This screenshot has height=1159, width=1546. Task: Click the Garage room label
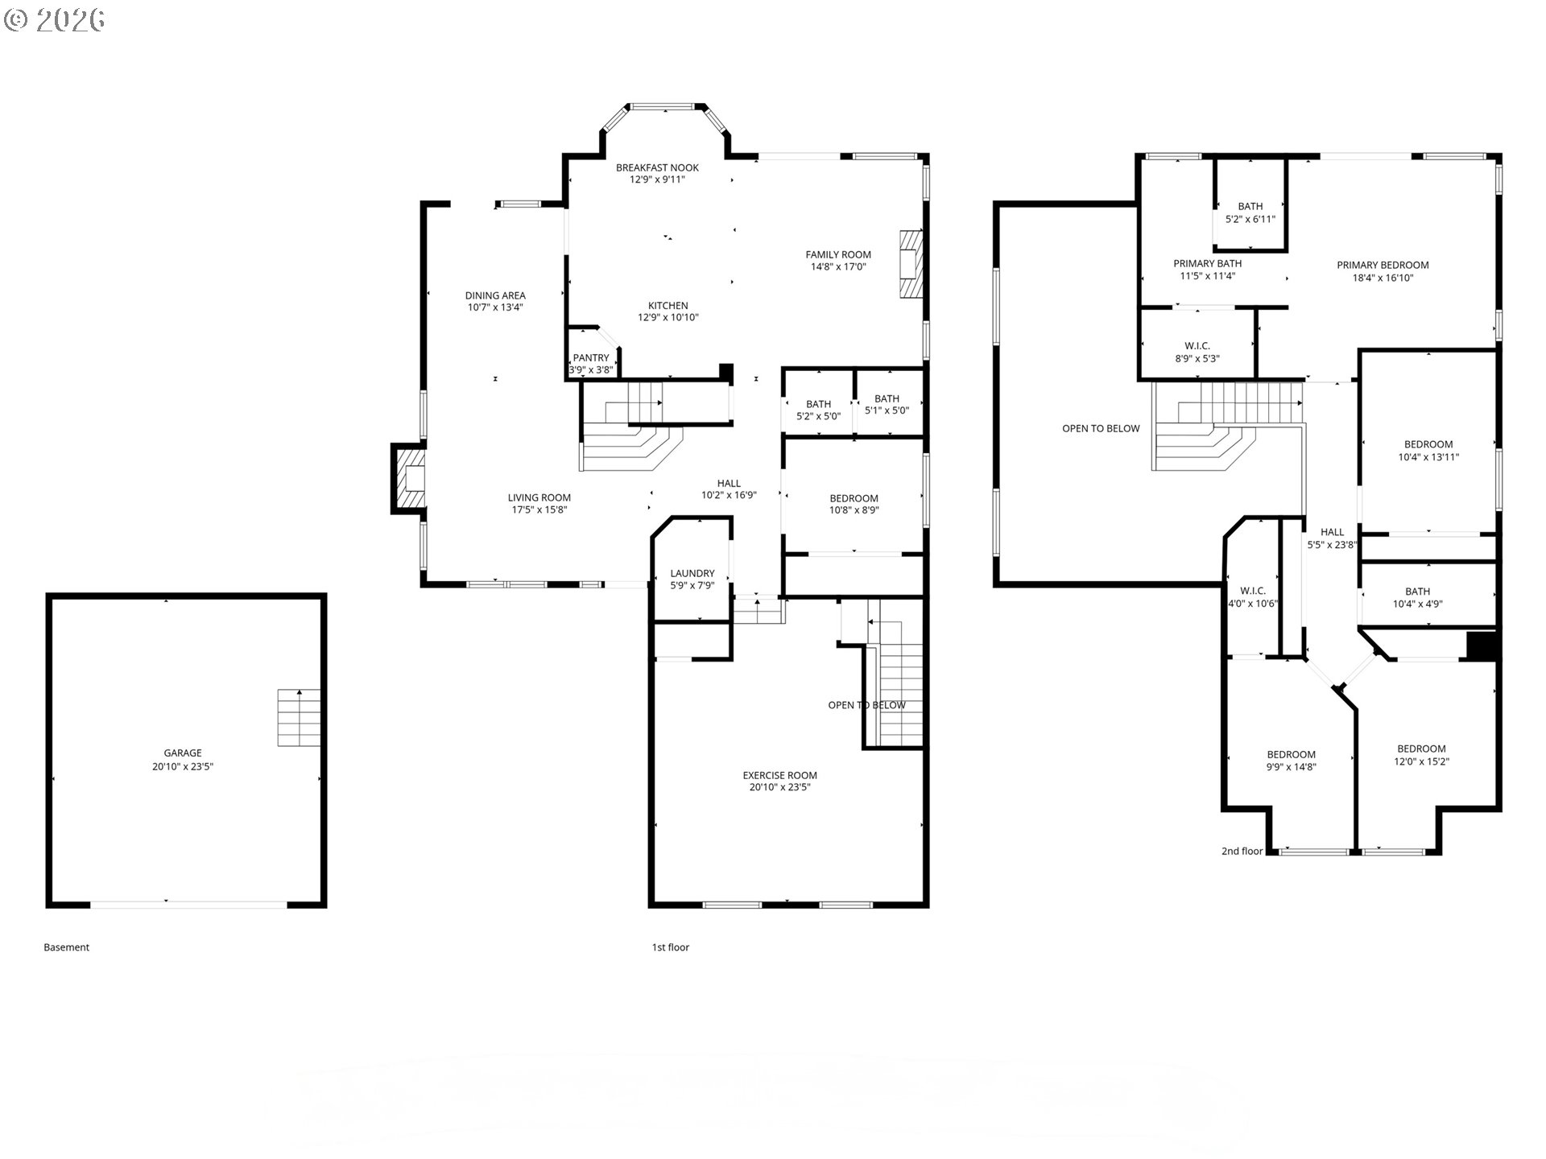pos(183,753)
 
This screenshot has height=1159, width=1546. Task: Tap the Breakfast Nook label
pos(657,167)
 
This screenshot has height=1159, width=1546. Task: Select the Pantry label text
pos(591,358)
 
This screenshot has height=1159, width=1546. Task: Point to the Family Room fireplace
pos(911,264)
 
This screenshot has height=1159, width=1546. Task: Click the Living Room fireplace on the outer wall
pos(408,478)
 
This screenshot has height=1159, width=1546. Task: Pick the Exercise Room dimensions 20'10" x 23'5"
pos(779,787)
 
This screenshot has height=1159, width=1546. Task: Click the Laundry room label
pos(692,574)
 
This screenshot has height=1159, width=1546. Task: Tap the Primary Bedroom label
pos(1383,265)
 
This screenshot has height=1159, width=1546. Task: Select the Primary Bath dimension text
pos(1207,276)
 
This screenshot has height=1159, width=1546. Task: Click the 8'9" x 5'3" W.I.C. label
pos(1197,353)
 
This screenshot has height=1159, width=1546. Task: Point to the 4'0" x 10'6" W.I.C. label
pos(1253,597)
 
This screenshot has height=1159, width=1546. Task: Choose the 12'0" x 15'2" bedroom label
pos(1421,755)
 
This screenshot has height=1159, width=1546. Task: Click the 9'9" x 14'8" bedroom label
pos(1291,761)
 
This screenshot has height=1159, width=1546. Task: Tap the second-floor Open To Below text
pos(1101,428)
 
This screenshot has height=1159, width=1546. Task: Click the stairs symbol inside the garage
pos(299,717)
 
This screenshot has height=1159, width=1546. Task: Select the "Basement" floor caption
pos(66,947)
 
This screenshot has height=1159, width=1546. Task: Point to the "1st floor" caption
pos(671,947)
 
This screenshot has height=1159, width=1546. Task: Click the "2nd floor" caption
pos(1242,851)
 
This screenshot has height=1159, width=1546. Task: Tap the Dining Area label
pos(495,295)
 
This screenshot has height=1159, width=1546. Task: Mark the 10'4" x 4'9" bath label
pos(1417,597)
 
